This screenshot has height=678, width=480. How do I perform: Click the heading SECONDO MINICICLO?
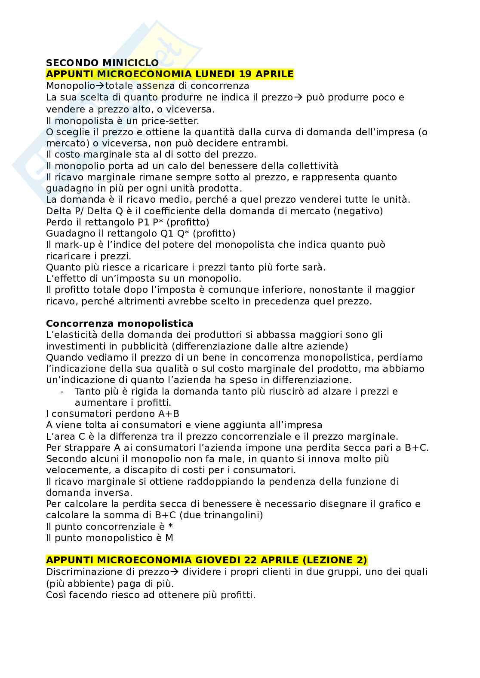pyautogui.click(x=102, y=63)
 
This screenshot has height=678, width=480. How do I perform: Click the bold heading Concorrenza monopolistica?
pyautogui.click(x=120, y=323)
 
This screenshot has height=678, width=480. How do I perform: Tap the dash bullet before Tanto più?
pyautogui.click(x=63, y=392)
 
